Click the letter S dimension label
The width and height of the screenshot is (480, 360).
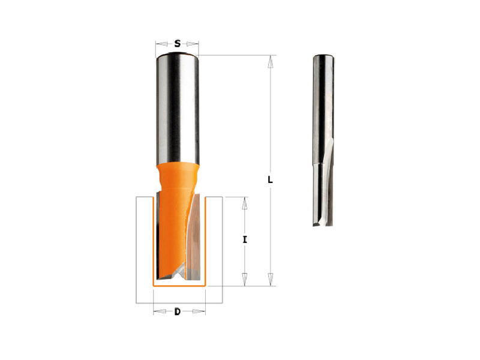[177, 44]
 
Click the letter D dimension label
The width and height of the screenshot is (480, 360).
[178, 312]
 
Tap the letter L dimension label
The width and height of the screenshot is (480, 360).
[270, 179]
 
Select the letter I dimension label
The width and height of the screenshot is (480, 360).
[245, 240]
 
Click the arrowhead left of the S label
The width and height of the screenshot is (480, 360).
[161, 44]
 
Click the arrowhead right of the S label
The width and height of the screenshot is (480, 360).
[193, 44]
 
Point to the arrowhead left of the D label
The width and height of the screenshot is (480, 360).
[159, 311]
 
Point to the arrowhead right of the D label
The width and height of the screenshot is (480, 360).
[199, 311]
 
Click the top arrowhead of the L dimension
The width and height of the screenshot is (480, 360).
[271, 62]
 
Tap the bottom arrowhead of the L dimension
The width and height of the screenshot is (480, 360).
[271, 280]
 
